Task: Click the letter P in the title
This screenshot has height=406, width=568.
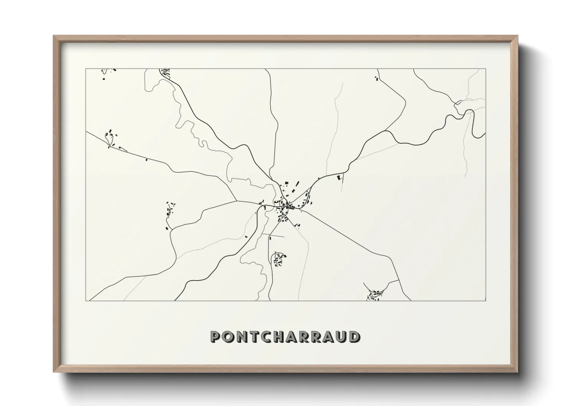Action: [215, 337]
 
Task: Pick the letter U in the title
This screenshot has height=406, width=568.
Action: [341, 337]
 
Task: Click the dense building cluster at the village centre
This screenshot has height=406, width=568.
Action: [286, 205]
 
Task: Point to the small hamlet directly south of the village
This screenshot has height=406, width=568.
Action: [278, 259]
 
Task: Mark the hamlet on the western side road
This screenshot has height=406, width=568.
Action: [169, 213]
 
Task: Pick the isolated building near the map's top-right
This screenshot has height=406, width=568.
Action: [376, 78]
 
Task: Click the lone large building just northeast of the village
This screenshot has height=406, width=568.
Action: [338, 178]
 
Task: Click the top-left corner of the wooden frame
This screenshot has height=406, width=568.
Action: [54, 36]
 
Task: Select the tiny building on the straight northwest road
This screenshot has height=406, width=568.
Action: [146, 159]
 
